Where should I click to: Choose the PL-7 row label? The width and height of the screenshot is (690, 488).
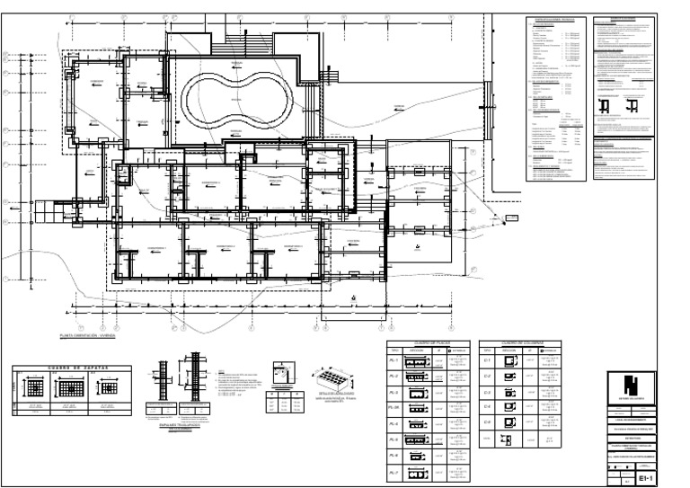(392, 472)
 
